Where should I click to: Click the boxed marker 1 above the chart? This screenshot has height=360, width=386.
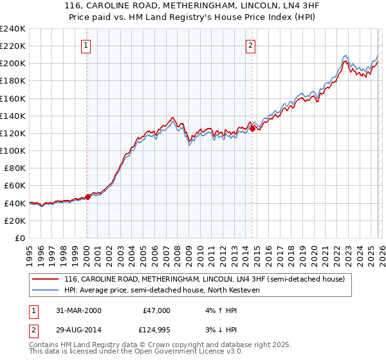(x=87, y=45)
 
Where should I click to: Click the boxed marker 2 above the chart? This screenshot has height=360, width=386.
(x=250, y=45)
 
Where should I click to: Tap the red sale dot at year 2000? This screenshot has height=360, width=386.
(x=88, y=197)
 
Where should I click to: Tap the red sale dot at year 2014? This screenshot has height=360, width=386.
(x=252, y=129)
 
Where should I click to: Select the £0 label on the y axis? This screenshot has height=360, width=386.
(x=19, y=238)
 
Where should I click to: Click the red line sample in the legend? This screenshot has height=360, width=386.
(x=45, y=279)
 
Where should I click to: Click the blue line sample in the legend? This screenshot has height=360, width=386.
(x=45, y=290)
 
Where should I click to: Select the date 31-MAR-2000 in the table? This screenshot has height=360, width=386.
(x=78, y=310)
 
